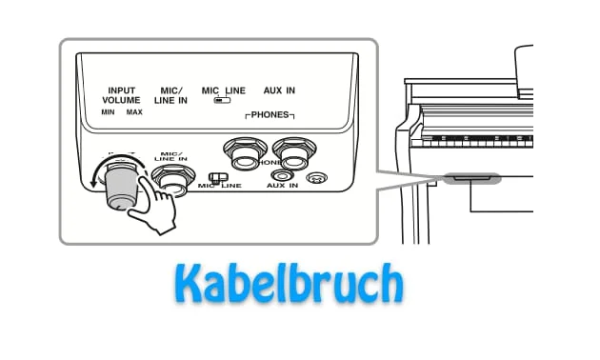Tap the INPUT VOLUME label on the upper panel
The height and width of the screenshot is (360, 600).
(121, 94)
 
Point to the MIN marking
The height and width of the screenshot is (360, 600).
(108, 111)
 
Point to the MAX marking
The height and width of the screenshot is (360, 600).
(134, 111)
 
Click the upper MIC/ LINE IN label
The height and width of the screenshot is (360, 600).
(170, 94)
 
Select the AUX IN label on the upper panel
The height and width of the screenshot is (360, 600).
(279, 90)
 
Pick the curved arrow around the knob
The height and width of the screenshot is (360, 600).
(95, 181)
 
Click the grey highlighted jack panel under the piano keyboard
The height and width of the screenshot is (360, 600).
(470, 178)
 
